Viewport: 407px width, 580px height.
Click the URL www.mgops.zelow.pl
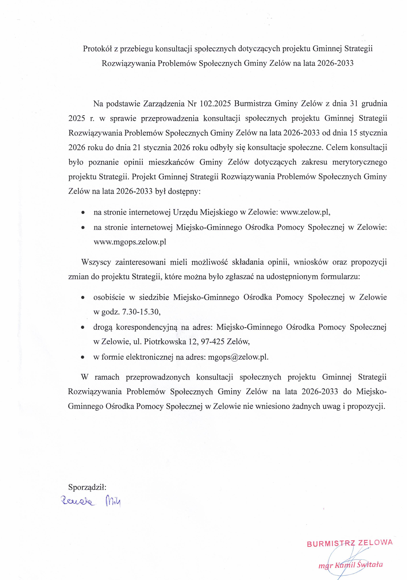(130, 242)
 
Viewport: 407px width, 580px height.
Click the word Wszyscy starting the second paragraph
(96, 262)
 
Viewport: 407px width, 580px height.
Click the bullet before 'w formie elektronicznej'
(82, 358)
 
